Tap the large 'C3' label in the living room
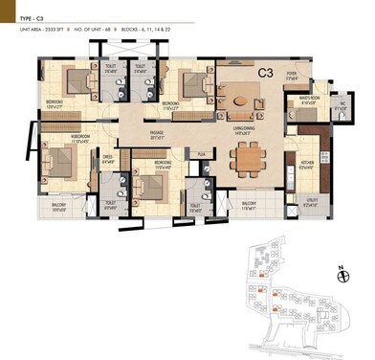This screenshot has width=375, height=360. [265, 72]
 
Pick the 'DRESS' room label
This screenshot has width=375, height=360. [110, 159]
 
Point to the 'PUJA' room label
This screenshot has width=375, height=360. [201, 154]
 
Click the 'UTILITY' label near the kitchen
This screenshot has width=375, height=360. [310, 201]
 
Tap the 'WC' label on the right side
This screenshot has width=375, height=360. [342, 106]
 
